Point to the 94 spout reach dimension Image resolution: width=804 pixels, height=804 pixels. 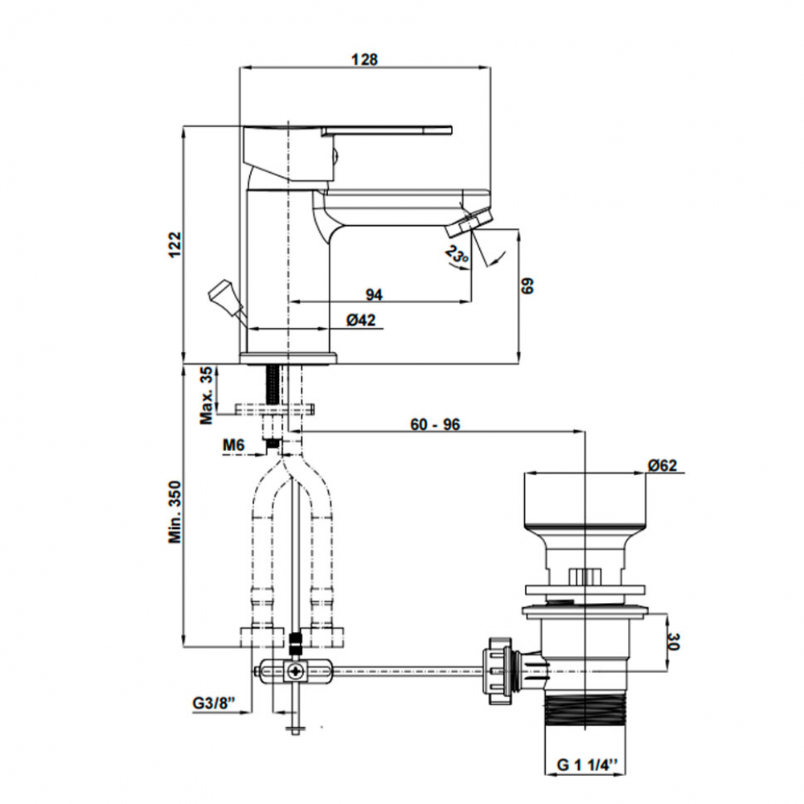(x=372, y=294)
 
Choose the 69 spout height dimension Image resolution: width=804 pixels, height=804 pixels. (x=527, y=287)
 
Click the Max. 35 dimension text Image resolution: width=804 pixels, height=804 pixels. (x=207, y=395)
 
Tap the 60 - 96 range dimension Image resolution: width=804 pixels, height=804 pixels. (x=434, y=425)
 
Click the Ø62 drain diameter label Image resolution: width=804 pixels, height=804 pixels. (x=663, y=465)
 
